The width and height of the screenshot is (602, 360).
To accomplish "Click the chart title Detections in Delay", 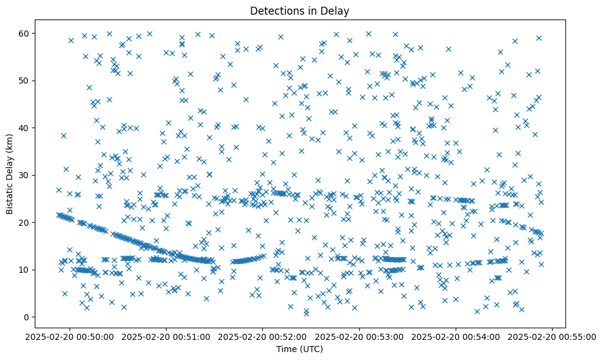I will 300,10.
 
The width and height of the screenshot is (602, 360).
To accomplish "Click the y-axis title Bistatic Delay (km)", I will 10,173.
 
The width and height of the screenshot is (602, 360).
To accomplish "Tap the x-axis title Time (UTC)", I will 300,349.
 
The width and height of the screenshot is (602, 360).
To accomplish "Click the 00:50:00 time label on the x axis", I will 70,336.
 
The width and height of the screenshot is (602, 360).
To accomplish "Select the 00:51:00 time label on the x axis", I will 167,336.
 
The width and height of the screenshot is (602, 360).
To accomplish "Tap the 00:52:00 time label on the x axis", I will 263,336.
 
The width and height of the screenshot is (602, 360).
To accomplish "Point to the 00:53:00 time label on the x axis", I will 359,336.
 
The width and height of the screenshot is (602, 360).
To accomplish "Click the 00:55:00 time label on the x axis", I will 553,336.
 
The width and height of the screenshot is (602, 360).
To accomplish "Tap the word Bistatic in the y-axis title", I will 10,198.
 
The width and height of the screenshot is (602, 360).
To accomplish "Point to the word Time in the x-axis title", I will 287,349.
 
